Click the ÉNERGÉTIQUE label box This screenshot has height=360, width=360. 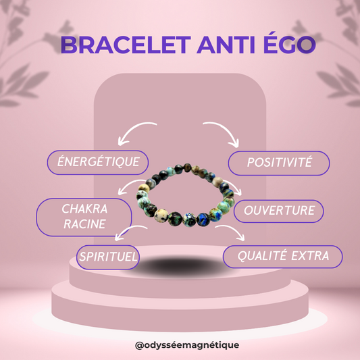coord(97,162)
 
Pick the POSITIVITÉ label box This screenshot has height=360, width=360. coord(278,163)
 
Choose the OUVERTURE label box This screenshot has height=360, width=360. coord(278,210)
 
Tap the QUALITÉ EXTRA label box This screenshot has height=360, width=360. coord(283,255)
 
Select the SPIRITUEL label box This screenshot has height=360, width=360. coord(109,257)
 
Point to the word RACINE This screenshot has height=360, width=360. coord(84,224)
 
